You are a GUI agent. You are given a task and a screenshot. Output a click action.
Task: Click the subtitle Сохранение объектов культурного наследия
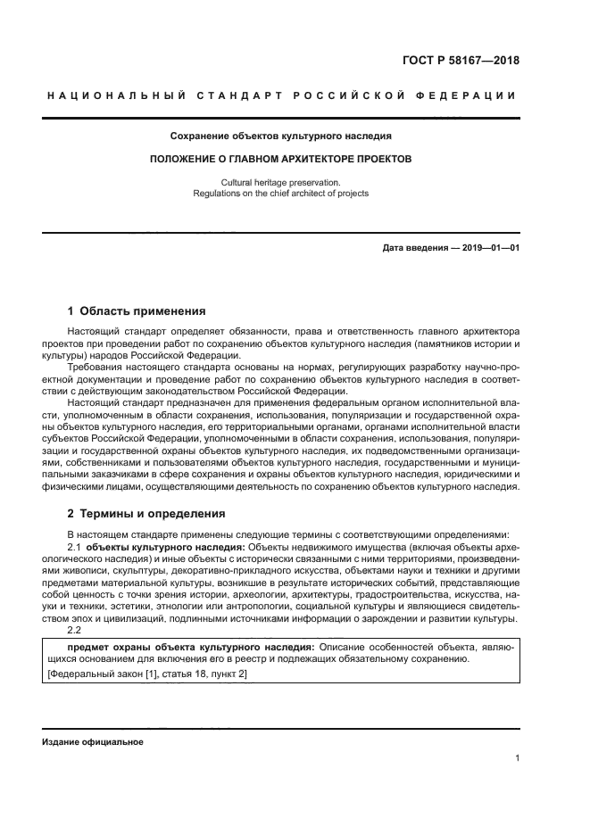pos(281,136)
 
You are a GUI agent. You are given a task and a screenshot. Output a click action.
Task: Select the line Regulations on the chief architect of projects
pos(281,193)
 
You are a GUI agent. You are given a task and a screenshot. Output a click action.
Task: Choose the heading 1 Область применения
pos(137,311)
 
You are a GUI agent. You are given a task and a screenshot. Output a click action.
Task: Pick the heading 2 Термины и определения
pos(147,514)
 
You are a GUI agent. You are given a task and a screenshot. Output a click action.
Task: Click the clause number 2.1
pos(75,546)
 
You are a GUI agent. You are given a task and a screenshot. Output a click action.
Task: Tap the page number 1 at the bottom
pos(516,758)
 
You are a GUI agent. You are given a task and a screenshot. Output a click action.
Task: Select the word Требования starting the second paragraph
pos(96,367)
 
